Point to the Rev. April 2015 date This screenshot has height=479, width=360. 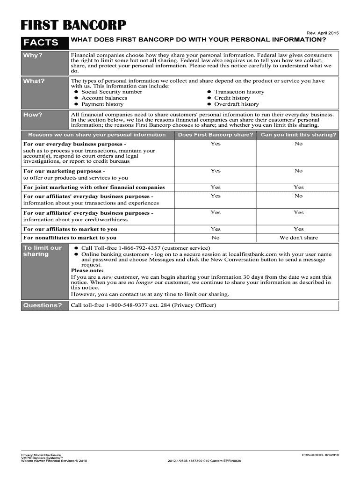[323, 33]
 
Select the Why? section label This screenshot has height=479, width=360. [33, 56]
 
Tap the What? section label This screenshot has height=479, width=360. [34, 81]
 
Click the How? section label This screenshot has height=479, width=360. [33, 115]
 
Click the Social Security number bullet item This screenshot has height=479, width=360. [111, 92]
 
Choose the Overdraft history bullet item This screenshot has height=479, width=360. [236, 104]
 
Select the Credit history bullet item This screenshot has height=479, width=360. [232, 98]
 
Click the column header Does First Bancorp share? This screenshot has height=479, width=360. [215, 135]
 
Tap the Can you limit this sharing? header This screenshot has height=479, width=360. [298, 135]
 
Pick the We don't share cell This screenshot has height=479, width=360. [298, 238]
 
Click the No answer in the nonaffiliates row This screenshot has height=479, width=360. [215, 238]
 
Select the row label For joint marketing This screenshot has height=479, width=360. [94, 187]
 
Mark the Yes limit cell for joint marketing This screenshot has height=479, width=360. [298, 187]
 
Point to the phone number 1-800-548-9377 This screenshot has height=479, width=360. [127, 305]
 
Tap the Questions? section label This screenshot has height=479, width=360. [43, 305]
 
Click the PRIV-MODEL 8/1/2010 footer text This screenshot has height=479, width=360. [320, 455]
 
